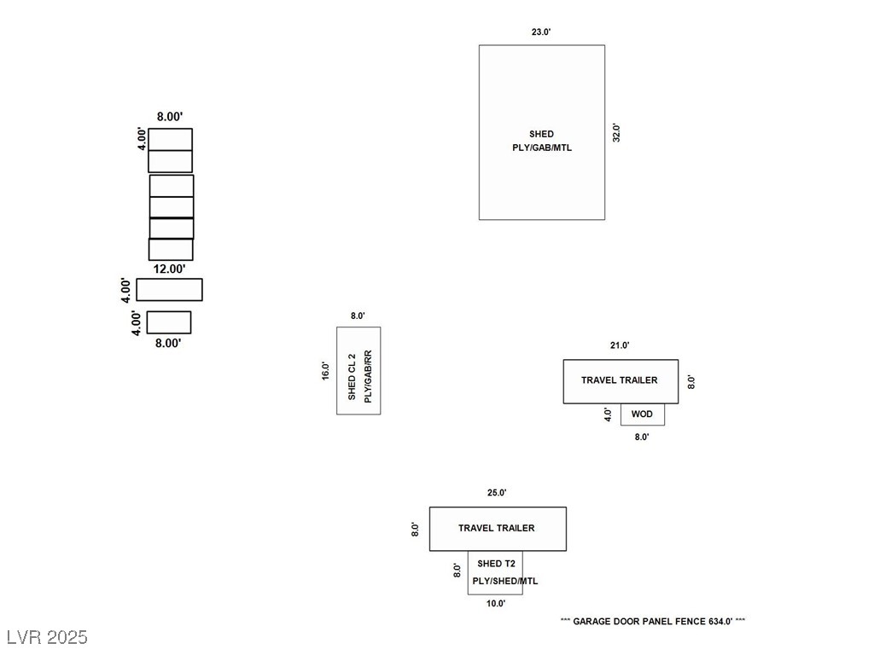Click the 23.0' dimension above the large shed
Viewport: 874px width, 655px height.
coord(541,32)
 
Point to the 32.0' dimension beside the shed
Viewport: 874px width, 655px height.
coord(616,133)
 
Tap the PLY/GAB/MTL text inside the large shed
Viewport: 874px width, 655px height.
coord(541,148)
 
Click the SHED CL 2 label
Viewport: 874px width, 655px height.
coord(352,375)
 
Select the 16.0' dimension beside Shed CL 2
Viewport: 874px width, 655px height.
coord(326,370)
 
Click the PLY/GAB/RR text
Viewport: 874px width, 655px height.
coord(368,375)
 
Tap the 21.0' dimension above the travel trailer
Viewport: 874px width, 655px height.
coord(620,345)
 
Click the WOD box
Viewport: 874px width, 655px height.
coord(642,414)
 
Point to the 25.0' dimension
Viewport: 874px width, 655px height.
coord(497,493)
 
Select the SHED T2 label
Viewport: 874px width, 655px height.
coord(496,564)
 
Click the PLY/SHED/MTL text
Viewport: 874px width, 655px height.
coord(505,581)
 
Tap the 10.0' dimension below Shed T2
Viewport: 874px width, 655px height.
coord(496,604)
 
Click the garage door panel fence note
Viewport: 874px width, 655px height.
coord(653,622)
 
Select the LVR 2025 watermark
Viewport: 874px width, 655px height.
coord(47,637)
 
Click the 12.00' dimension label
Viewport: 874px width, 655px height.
coord(169,269)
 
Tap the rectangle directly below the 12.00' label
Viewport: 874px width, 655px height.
coord(169,290)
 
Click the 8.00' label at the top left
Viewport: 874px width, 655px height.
coord(170,117)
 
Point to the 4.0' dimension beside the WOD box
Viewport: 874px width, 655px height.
coord(609,414)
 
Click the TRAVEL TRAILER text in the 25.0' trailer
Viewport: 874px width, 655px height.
coord(497,528)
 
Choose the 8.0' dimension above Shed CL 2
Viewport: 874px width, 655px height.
coord(358,316)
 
